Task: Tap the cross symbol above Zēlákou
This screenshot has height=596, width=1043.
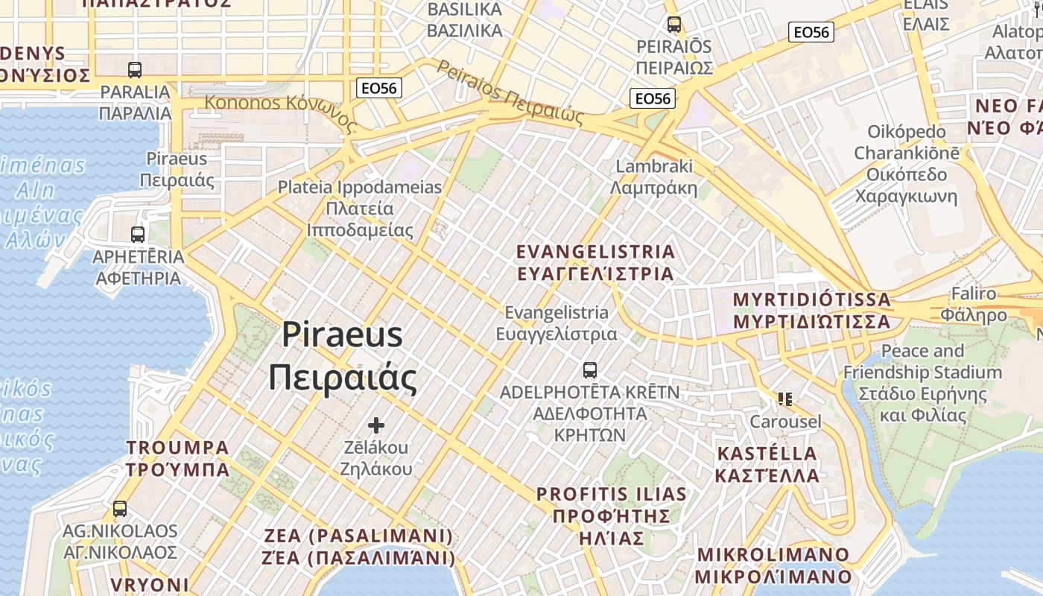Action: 376,425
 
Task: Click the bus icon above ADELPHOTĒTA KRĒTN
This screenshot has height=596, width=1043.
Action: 589,370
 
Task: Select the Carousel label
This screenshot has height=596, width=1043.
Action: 785,422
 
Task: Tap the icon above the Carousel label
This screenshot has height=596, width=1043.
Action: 784,399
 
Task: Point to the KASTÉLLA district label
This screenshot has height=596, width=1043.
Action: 767,464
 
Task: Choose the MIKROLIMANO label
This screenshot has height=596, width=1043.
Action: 773,565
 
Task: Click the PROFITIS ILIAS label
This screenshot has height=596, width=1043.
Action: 611,515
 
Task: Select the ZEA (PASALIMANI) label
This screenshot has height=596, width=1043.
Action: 358,546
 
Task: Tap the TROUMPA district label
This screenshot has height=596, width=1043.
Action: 177,458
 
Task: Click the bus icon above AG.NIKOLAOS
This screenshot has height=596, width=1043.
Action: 120,509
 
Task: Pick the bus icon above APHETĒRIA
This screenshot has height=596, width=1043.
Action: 138,235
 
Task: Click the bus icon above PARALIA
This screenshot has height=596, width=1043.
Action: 135,70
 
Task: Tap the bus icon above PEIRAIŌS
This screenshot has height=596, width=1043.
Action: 674,25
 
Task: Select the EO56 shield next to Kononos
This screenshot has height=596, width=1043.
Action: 378,88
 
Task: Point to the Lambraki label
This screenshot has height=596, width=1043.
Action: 654,177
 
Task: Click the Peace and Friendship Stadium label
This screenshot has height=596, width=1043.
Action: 922,383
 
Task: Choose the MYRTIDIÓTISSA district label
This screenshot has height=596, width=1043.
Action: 811,310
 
